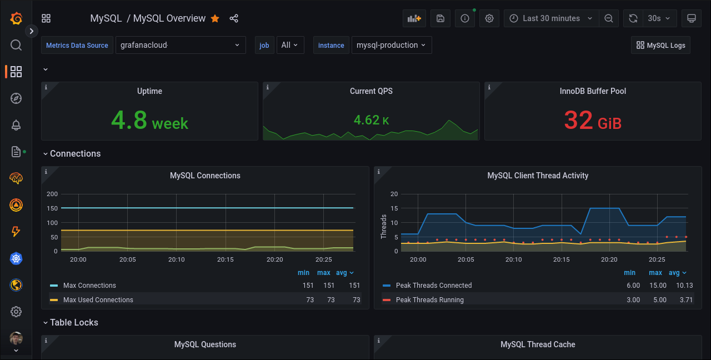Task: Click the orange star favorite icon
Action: (x=215, y=18)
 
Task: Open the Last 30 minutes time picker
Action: (x=551, y=18)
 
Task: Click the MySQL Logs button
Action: (x=660, y=46)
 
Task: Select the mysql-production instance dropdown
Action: (x=391, y=46)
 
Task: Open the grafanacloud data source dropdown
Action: (x=180, y=46)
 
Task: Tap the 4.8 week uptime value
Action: (x=149, y=120)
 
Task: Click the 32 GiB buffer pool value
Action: (x=592, y=120)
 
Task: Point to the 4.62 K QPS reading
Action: (x=371, y=120)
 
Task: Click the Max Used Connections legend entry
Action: (x=98, y=300)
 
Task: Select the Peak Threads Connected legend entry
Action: (x=433, y=286)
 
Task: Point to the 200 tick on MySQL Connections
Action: (x=52, y=194)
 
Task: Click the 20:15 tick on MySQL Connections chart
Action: (x=226, y=259)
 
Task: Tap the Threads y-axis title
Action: (x=383, y=227)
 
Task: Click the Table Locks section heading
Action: (x=74, y=323)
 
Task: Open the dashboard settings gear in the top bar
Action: (x=489, y=18)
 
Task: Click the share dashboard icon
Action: (x=234, y=18)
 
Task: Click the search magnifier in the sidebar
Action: (x=16, y=45)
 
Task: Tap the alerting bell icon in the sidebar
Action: (x=16, y=126)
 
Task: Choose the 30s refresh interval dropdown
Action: (x=659, y=18)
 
